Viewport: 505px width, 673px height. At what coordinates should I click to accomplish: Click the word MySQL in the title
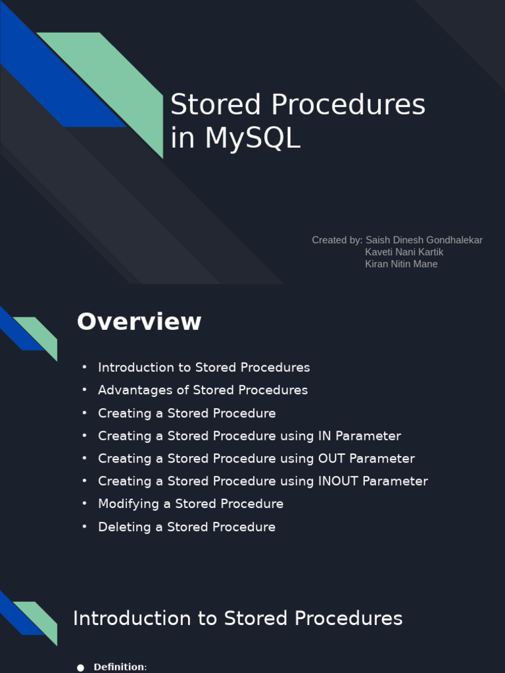pyautogui.click(x=252, y=138)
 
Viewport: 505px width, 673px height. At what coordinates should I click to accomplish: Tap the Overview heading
pyautogui.click(x=139, y=322)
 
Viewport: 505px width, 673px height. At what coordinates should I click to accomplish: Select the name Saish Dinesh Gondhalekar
pyautogui.click(x=423, y=240)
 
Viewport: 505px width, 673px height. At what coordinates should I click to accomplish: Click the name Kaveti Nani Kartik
pyautogui.click(x=404, y=252)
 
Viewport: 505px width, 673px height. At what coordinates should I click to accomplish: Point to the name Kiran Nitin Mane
pyautogui.click(x=401, y=264)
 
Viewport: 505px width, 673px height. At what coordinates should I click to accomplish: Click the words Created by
pyautogui.click(x=337, y=240)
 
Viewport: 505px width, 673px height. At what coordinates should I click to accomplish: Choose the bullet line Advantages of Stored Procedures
pyautogui.click(x=203, y=390)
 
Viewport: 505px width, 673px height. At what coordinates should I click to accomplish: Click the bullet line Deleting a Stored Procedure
pyautogui.click(x=187, y=527)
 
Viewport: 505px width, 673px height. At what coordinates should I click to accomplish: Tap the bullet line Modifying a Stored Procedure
pyautogui.click(x=191, y=504)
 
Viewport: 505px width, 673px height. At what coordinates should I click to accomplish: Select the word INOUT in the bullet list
pyautogui.click(x=338, y=481)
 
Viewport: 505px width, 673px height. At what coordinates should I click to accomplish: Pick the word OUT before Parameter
pyautogui.click(x=332, y=459)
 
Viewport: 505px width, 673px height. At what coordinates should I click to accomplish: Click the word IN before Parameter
pyautogui.click(x=325, y=436)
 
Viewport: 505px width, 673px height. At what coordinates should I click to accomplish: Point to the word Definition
pyautogui.click(x=119, y=667)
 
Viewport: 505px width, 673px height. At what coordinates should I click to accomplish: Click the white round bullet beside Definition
pyautogui.click(x=81, y=668)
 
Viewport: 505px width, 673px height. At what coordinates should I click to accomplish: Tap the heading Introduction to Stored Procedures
pyautogui.click(x=237, y=618)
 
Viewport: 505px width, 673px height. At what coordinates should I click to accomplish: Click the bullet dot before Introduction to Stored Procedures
pyautogui.click(x=84, y=367)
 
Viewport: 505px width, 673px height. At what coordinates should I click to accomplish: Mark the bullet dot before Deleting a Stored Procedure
pyautogui.click(x=84, y=527)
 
